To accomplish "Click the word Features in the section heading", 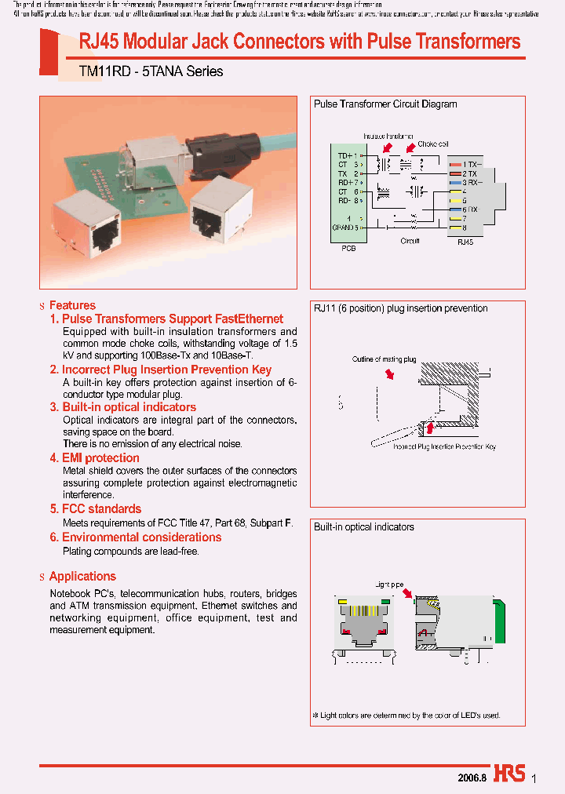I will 72,305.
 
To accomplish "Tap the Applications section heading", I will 82,576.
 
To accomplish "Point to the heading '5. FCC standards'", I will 96,508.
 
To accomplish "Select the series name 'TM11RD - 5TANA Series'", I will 151,71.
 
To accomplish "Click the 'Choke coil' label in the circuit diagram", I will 433,144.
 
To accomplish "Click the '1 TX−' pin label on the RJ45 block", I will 472,163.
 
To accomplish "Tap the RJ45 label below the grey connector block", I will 465,242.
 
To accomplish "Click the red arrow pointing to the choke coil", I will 410,148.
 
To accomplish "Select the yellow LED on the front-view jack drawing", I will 342,602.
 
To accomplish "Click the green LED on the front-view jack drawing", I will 385,602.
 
